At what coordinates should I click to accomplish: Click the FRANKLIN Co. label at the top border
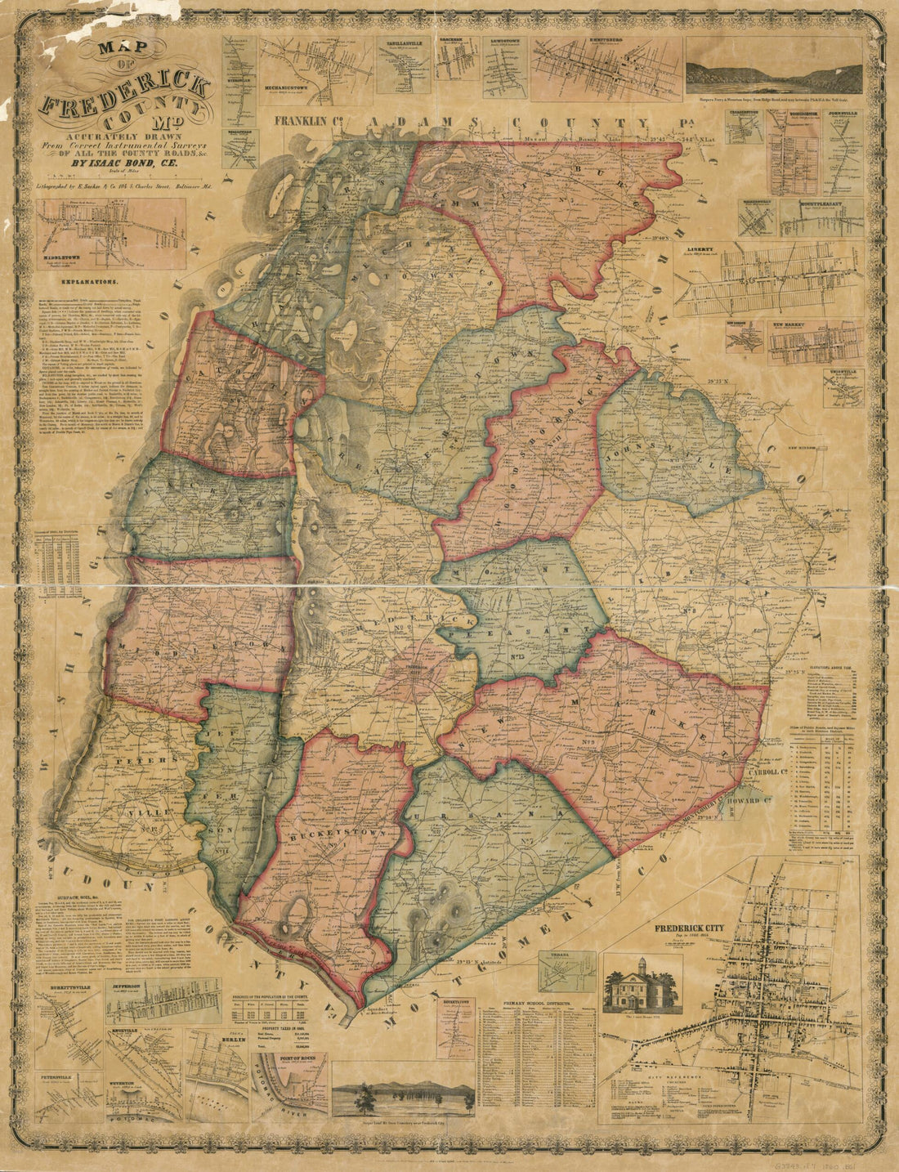point(307,122)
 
